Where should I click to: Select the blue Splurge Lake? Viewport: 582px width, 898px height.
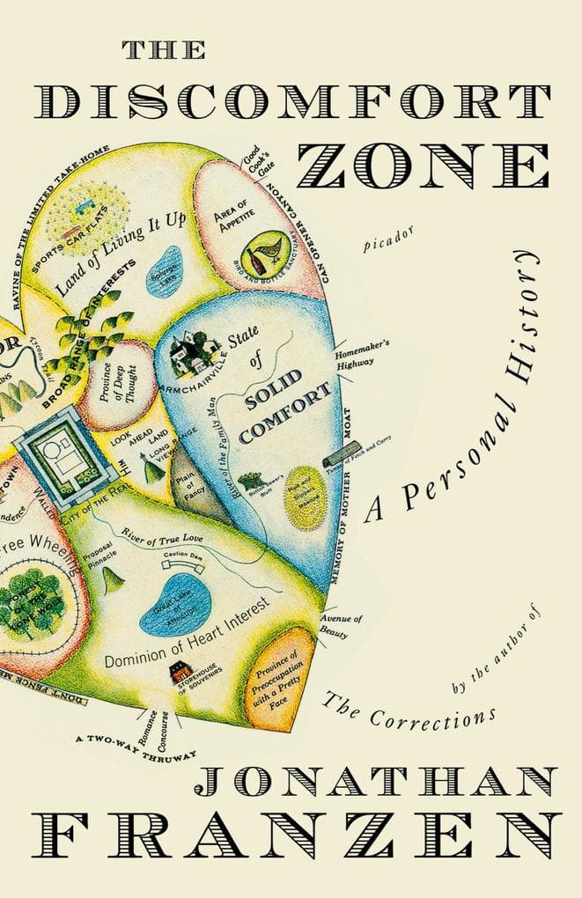point(165,266)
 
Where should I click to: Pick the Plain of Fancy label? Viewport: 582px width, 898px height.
point(187,478)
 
